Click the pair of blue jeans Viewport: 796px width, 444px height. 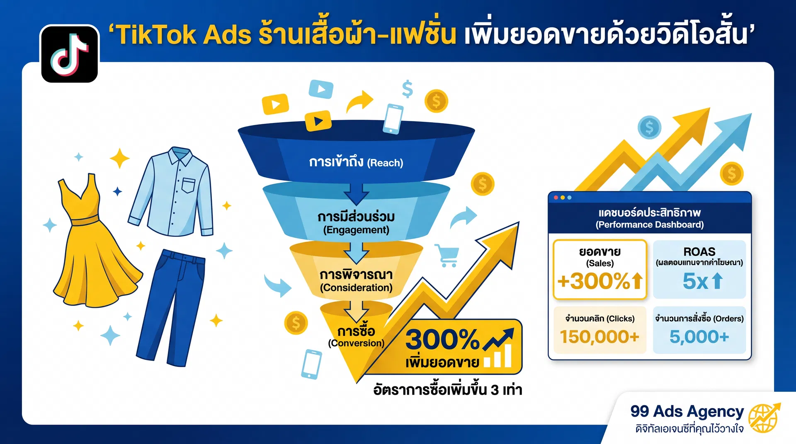tap(172, 306)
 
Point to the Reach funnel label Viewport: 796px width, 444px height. tap(356, 162)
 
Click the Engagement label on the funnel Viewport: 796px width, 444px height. tap(356, 223)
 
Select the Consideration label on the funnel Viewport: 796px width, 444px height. tap(356, 281)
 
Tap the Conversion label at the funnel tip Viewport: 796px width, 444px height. tap(356, 337)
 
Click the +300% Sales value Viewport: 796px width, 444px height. tap(599, 281)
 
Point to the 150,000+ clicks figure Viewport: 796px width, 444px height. tap(599, 337)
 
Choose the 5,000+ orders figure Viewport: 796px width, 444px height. tap(699, 337)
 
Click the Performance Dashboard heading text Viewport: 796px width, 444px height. tap(650, 218)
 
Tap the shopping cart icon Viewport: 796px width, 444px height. tap(447, 255)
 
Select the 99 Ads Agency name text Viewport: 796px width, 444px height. tap(687, 411)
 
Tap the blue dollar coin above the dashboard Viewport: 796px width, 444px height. tap(649, 128)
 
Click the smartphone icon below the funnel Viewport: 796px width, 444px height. tap(311, 364)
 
